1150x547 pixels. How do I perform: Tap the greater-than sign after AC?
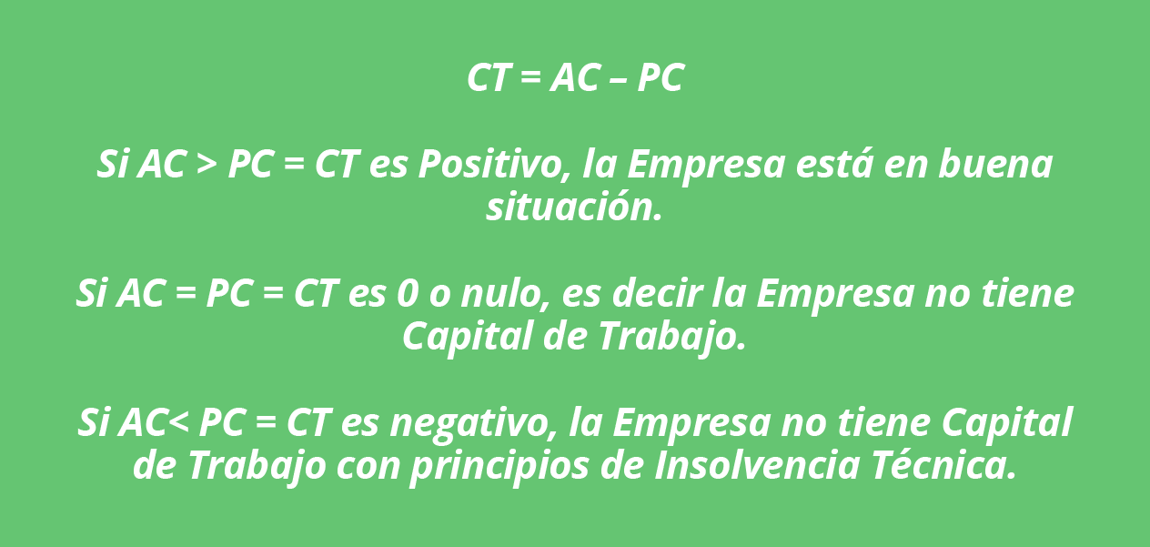coord(207,166)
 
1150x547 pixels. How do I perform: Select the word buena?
coord(995,165)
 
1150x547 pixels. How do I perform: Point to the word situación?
coord(573,208)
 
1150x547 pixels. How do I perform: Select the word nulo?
coord(506,294)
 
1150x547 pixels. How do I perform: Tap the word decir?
coord(657,293)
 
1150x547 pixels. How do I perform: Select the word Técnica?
coord(944,464)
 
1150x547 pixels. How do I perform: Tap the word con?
coord(368,466)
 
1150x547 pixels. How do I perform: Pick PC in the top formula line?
coord(661,77)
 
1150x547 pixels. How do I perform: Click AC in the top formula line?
coord(574,77)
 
